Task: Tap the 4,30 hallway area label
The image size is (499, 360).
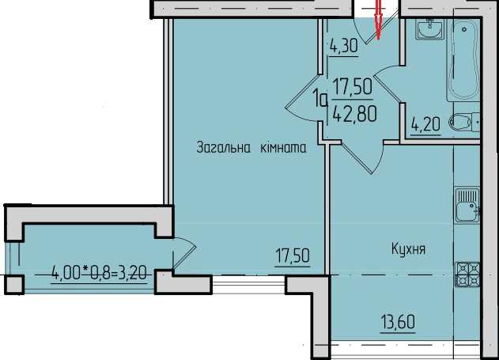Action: (x=344, y=46)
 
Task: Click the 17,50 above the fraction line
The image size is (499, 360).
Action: (x=353, y=85)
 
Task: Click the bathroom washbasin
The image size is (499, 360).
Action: (x=431, y=29)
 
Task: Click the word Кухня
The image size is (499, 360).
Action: (x=409, y=249)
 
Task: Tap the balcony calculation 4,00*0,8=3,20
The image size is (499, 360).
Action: (x=100, y=275)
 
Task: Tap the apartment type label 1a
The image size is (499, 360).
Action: (x=320, y=100)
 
